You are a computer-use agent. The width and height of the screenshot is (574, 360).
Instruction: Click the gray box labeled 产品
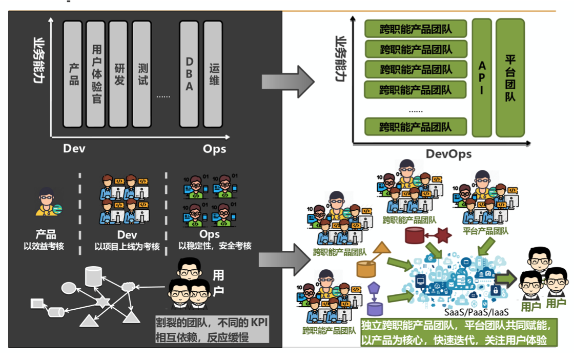tap(73, 74)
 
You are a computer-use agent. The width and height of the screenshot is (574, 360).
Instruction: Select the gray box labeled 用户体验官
tap(96, 74)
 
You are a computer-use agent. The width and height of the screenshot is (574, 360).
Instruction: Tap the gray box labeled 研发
tap(119, 74)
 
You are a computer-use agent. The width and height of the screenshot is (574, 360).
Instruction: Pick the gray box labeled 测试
tap(142, 74)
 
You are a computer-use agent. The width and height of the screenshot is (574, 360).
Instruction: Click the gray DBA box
tap(189, 74)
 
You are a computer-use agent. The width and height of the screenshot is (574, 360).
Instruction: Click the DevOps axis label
tap(448, 153)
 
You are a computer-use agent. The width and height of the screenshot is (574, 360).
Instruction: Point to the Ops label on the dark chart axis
tap(214, 149)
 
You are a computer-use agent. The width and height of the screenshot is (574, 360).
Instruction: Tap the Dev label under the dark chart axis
tap(74, 149)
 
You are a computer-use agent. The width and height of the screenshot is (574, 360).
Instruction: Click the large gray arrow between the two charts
tap(288, 81)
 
